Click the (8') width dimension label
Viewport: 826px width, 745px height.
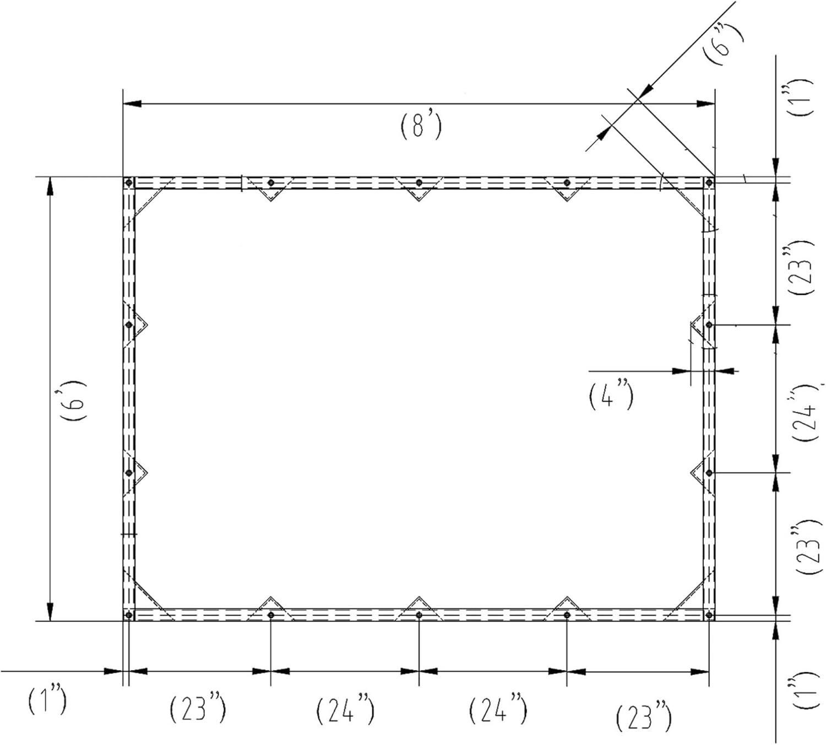pyautogui.click(x=421, y=125)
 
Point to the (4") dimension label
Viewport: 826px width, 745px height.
pyautogui.click(x=611, y=396)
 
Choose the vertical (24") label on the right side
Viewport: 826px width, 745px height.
pyautogui.click(x=806, y=413)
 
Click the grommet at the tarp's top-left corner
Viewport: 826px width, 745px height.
pyautogui.click(x=129, y=182)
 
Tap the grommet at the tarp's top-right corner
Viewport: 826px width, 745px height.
pyautogui.click(x=709, y=182)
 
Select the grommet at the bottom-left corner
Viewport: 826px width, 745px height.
pyautogui.click(x=129, y=615)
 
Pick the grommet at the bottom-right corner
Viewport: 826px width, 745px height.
pyautogui.click(x=709, y=615)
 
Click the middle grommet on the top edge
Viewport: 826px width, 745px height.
pyautogui.click(x=419, y=182)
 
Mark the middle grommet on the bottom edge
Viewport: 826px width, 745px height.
pyautogui.click(x=419, y=615)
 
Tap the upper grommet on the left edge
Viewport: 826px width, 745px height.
pyautogui.click(x=129, y=325)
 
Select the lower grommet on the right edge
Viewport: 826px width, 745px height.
pyautogui.click(x=709, y=473)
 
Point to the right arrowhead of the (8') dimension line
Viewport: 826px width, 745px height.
pyautogui.click(x=705, y=104)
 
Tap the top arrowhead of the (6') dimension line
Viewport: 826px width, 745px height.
pyautogui.click(x=50, y=186)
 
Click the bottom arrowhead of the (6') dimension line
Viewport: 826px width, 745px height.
pyautogui.click(x=50, y=612)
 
